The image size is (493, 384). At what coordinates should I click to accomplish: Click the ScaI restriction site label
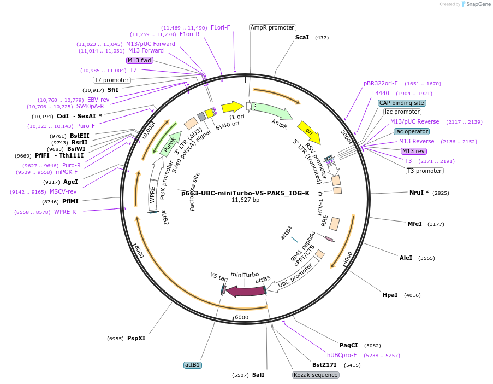(x=302, y=37)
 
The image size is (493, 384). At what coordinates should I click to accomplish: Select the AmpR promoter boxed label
(x=272, y=27)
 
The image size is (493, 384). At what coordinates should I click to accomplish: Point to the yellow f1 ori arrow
(x=233, y=107)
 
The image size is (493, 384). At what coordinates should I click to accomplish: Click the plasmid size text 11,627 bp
(x=245, y=200)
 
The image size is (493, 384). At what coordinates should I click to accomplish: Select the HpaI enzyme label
(x=390, y=295)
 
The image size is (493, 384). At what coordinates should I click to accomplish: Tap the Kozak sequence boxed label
(x=316, y=375)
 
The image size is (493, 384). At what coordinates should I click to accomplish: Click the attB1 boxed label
(x=192, y=365)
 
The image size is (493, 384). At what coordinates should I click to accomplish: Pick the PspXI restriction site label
(x=136, y=338)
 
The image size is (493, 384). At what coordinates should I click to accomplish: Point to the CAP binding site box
(x=402, y=103)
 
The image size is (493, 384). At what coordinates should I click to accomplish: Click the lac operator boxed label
(x=411, y=131)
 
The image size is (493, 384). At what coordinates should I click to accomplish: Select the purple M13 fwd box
(x=139, y=60)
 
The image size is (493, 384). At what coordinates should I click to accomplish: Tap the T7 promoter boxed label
(x=111, y=80)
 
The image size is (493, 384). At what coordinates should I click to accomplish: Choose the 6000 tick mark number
(x=241, y=317)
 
